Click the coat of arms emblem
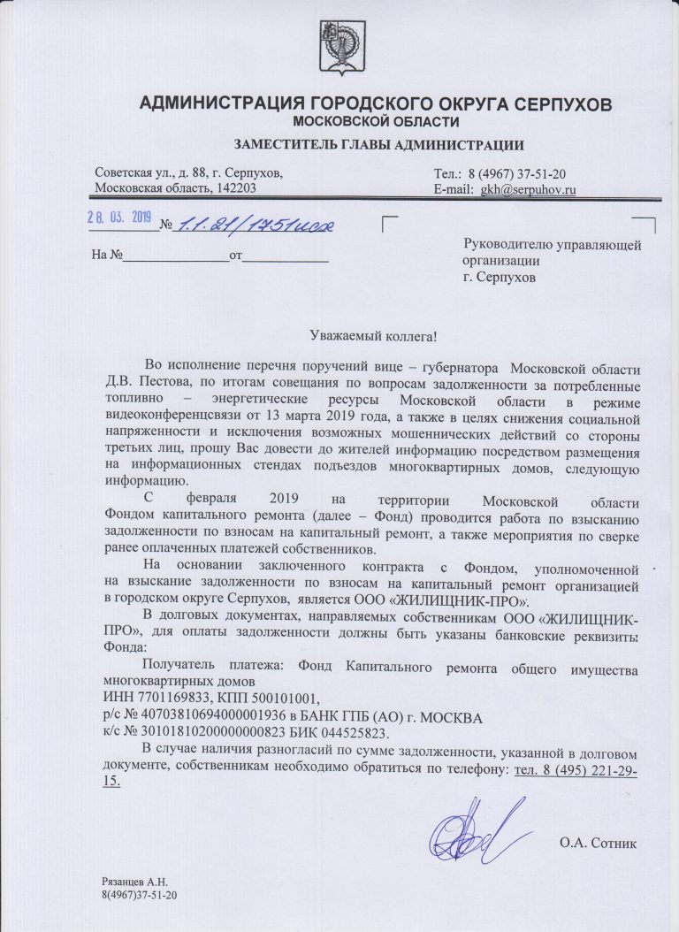pyautogui.click(x=339, y=47)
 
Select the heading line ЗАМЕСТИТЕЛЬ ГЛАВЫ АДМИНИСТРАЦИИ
pyautogui.click(x=378, y=145)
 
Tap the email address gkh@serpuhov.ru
pyautogui.click(x=529, y=188)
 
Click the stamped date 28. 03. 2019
pyautogui.click(x=119, y=218)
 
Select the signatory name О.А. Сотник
pyautogui.click(x=598, y=842)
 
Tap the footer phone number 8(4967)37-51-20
pyautogui.click(x=140, y=896)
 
